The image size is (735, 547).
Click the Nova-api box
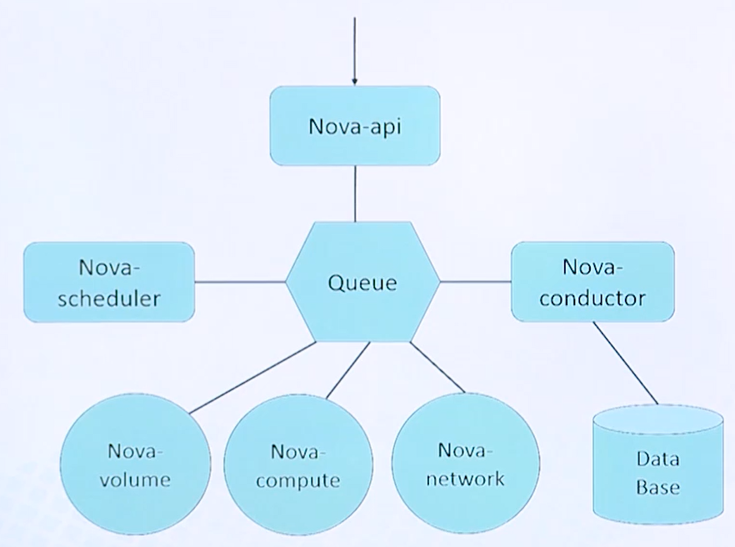point(354,126)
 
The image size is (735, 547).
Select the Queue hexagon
point(362,282)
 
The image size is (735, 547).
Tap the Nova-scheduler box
point(109,282)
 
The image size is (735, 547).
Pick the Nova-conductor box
point(592,282)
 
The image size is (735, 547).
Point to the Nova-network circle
point(465,465)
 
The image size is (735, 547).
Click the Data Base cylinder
point(657,471)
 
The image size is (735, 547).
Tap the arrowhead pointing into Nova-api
point(354,81)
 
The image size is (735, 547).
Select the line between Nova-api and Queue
point(355,193)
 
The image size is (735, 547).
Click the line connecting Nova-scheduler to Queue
point(240,282)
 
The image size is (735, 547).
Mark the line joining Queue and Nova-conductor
point(475,282)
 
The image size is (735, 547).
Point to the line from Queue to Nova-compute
point(347,369)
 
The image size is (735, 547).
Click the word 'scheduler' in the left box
point(109,299)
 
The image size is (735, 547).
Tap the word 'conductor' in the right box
point(592,298)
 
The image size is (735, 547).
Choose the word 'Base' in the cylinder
point(657,487)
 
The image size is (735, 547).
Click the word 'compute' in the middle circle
point(297,481)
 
